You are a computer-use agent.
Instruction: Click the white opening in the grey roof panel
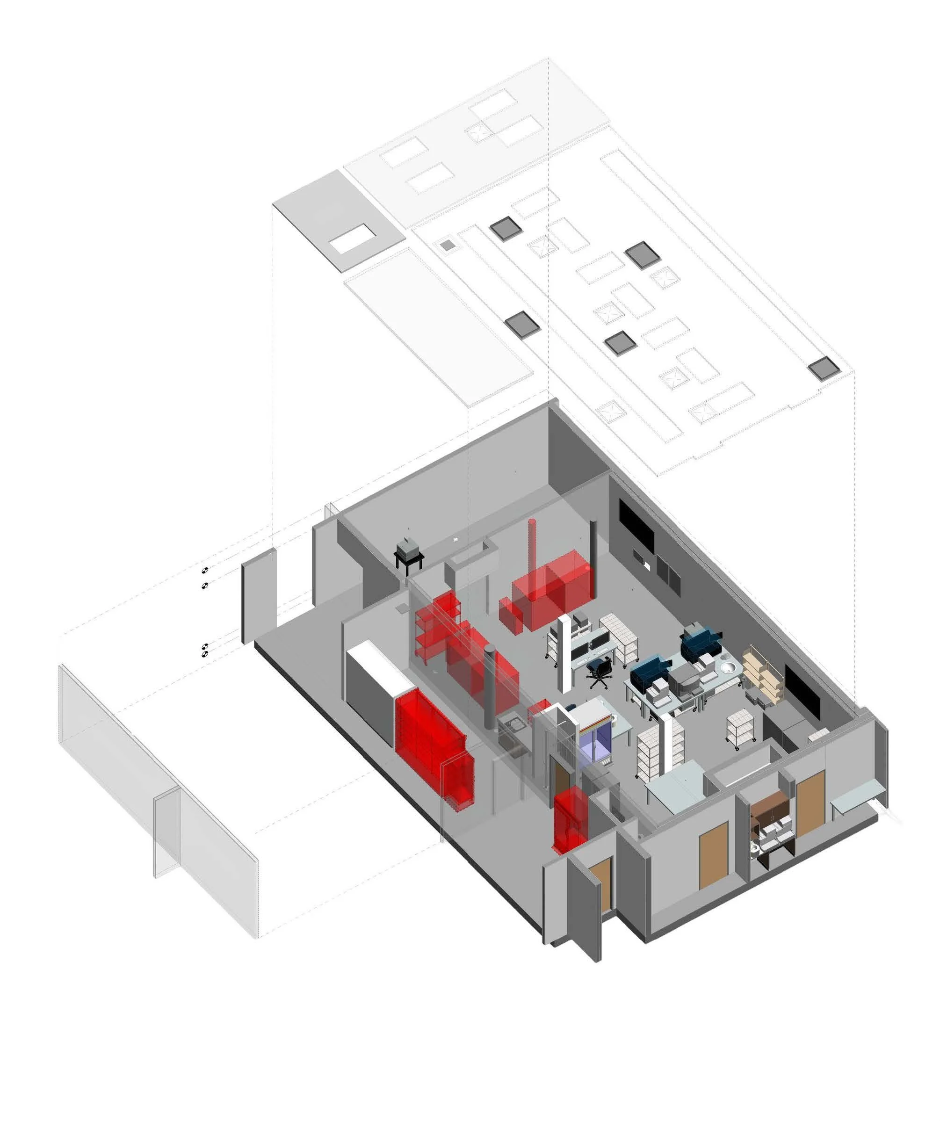click(x=352, y=239)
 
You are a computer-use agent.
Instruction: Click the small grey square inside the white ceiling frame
click(x=448, y=245)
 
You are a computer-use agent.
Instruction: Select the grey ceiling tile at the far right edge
click(x=824, y=369)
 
